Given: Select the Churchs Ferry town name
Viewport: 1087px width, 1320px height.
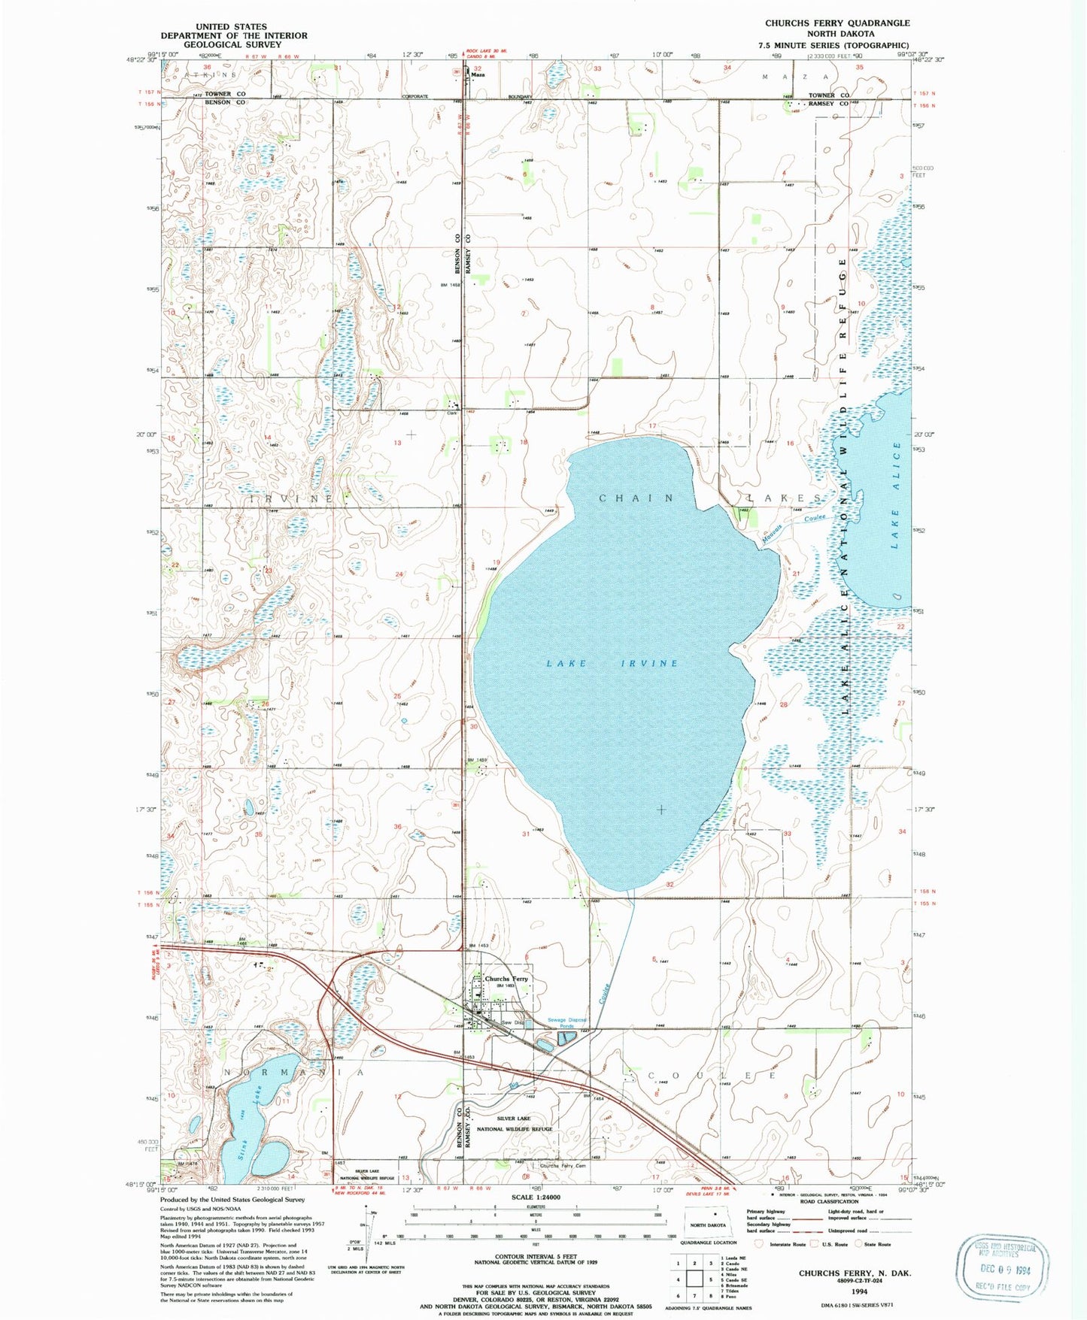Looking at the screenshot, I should pos(506,979).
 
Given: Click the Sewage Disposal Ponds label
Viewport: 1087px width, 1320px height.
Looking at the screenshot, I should pos(566,1023).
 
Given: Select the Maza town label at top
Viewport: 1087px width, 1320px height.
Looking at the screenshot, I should pos(477,74).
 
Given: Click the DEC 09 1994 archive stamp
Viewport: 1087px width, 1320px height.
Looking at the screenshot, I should pos(1002,1270).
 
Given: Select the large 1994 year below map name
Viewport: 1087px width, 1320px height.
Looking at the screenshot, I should pos(855,1291).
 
